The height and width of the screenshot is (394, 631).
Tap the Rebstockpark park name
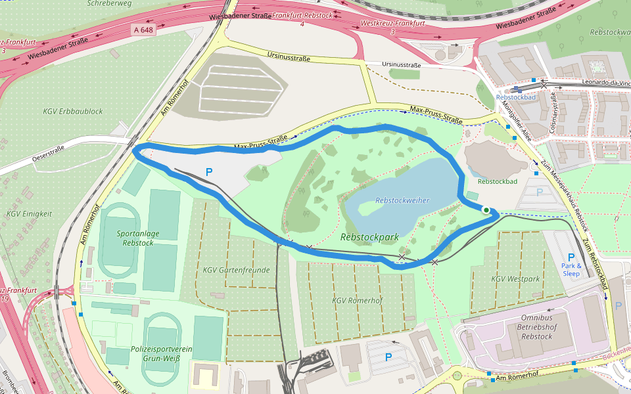pyautogui.click(x=371, y=236)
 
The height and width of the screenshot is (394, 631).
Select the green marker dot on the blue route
pyautogui.click(x=486, y=210)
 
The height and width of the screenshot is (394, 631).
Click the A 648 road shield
pyautogui.click(x=143, y=30)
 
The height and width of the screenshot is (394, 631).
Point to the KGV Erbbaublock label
pyautogui.click(x=73, y=112)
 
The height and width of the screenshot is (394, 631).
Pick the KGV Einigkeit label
pyautogui.click(x=29, y=213)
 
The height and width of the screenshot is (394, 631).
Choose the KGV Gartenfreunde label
pyautogui.click(x=237, y=270)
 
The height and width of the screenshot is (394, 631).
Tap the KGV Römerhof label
pyautogui.click(x=358, y=300)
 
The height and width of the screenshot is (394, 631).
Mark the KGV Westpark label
pyautogui.click(x=515, y=279)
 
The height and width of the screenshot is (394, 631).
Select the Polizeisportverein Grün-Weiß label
pyautogui.click(x=161, y=354)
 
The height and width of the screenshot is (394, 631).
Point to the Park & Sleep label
pyautogui.click(x=571, y=269)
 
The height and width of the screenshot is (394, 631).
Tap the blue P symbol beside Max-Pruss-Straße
pyautogui.click(x=209, y=172)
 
